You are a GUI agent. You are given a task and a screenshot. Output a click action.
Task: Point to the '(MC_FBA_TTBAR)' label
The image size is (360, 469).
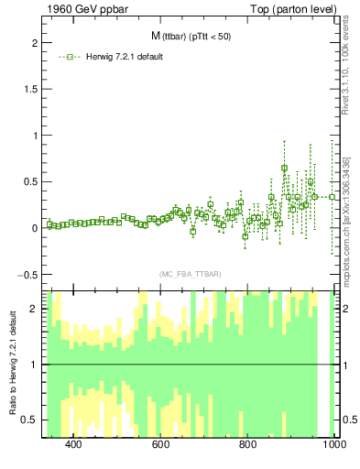(x=190, y=274)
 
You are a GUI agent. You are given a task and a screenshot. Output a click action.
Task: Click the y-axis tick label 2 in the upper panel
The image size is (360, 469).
(x=31, y=43)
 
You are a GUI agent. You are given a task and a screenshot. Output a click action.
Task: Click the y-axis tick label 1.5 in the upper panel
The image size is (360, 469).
(x=27, y=90)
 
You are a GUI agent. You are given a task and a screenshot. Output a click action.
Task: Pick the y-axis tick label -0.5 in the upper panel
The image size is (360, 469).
(x=26, y=274)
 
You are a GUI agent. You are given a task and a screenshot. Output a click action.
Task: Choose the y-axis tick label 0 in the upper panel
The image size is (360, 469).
(x=31, y=228)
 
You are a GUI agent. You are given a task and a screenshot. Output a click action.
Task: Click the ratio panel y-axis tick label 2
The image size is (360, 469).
(x=31, y=309)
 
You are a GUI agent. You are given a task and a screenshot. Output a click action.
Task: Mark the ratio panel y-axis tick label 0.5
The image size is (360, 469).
(x=27, y=420)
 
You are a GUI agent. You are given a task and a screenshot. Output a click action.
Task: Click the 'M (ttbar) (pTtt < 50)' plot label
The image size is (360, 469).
(x=191, y=37)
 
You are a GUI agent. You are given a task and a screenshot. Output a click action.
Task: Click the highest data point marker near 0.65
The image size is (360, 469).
(x=285, y=168)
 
